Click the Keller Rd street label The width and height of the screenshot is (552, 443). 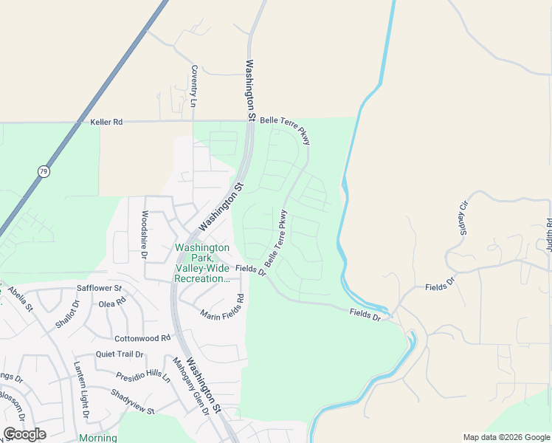tap(106, 122)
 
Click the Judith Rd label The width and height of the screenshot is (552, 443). tap(549, 236)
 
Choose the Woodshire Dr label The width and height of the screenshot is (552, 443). tap(144, 235)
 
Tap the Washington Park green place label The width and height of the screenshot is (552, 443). tap(201, 263)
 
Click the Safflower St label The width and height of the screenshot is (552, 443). tap(98, 287)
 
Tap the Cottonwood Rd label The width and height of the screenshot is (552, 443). tap(142, 338)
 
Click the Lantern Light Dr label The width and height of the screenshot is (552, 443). tap(80, 390)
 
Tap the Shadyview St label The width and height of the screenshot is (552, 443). tap(133, 402)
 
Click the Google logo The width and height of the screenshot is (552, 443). tap(24, 434)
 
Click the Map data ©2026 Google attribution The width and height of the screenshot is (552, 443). tap(506, 437)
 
